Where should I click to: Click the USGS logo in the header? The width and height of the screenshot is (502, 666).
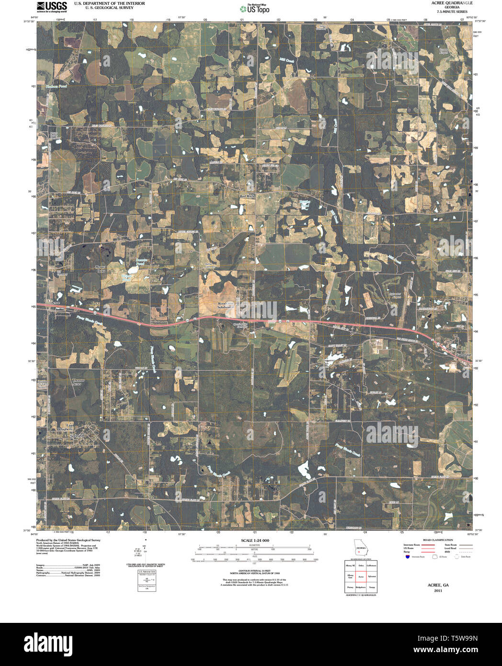tap(52, 6)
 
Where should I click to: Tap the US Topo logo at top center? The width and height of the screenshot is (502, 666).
tap(255, 9)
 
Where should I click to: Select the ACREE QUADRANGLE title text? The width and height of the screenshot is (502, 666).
tap(445, 3)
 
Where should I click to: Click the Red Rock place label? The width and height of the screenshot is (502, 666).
tap(247, 196)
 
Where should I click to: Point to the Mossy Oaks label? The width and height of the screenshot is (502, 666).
tap(100, 269)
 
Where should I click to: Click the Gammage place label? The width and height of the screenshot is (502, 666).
tap(463, 355)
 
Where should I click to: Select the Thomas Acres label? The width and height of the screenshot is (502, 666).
tap(78, 382)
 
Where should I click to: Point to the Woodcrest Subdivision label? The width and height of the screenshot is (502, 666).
tap(225, 305)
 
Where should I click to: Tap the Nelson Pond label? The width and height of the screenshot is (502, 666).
tap(56, 87)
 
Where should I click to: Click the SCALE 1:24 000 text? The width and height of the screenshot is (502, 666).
tap(255, 540)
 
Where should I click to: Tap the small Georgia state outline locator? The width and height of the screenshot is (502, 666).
tap(360, 548)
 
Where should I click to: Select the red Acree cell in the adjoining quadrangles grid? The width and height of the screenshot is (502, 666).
tap(361, 577)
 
